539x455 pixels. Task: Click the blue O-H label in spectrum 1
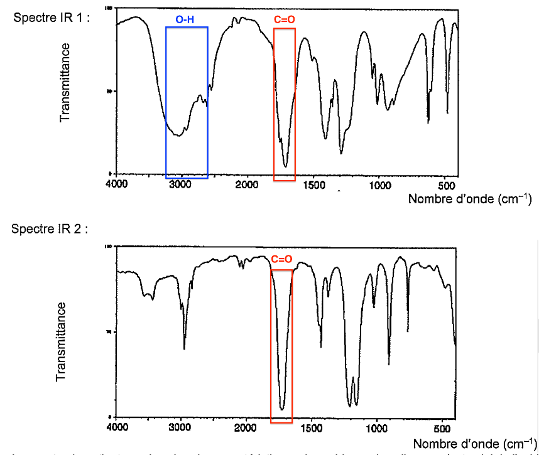(x=185, y=21)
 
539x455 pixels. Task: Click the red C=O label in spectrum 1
(x=285, y=21)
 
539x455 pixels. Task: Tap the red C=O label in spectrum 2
(x=281, y=259)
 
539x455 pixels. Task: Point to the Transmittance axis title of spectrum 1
(x=65, y=82)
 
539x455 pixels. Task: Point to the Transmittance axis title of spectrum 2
(x=61, y=342)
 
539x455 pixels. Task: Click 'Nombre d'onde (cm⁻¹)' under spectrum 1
(x=470, y=199)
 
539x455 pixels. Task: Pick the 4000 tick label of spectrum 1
(x=116, y=185)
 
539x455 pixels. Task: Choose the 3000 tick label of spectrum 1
(x=181, y=185)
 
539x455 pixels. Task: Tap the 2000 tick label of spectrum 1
(x=246, y=185)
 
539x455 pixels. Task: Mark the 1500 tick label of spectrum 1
(x=313, y=185)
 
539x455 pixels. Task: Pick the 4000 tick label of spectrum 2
(x=116, y=428)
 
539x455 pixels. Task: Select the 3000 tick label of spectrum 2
(x=181, y=428)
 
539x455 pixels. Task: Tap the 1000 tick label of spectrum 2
(x=377, y=428)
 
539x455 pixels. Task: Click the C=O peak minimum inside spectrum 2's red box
(x=282, y=410)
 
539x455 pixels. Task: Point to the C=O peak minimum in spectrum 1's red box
(x=286, y=166)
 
